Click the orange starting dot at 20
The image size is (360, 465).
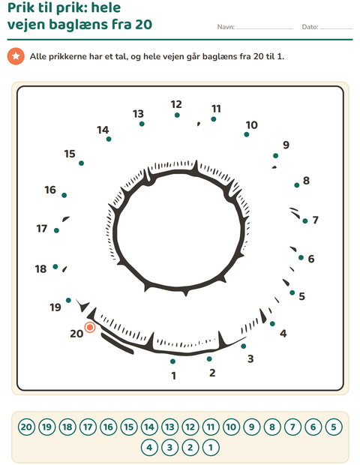tap(90, 328)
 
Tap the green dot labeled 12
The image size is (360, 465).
tap(177, 115)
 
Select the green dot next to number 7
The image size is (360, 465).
tap(305, 221)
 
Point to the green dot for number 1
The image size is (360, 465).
tap(173, 361)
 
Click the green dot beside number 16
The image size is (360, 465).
tap(64, 195)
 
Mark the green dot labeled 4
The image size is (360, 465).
tap(272, 323)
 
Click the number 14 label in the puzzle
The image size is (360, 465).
tap(103, 130)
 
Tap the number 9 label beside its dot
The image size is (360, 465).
tap(286, 145)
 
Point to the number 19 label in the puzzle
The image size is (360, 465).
tap(55, 307)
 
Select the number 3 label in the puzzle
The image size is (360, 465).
tap(250, 358)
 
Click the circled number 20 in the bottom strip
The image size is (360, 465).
tap(26, 427)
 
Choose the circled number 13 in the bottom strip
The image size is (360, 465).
tap(169, 427)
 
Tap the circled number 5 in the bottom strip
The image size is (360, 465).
tap(334, 427)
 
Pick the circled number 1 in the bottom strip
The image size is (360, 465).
tap(211, 448)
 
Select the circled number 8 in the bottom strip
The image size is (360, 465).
tap(272, 427)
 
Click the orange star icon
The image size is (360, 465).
tap(16, 56)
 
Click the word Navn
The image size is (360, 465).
tap(226, 27)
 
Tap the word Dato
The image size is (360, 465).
tap(310, 27)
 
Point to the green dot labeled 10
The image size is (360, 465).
tap(247, 134)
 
